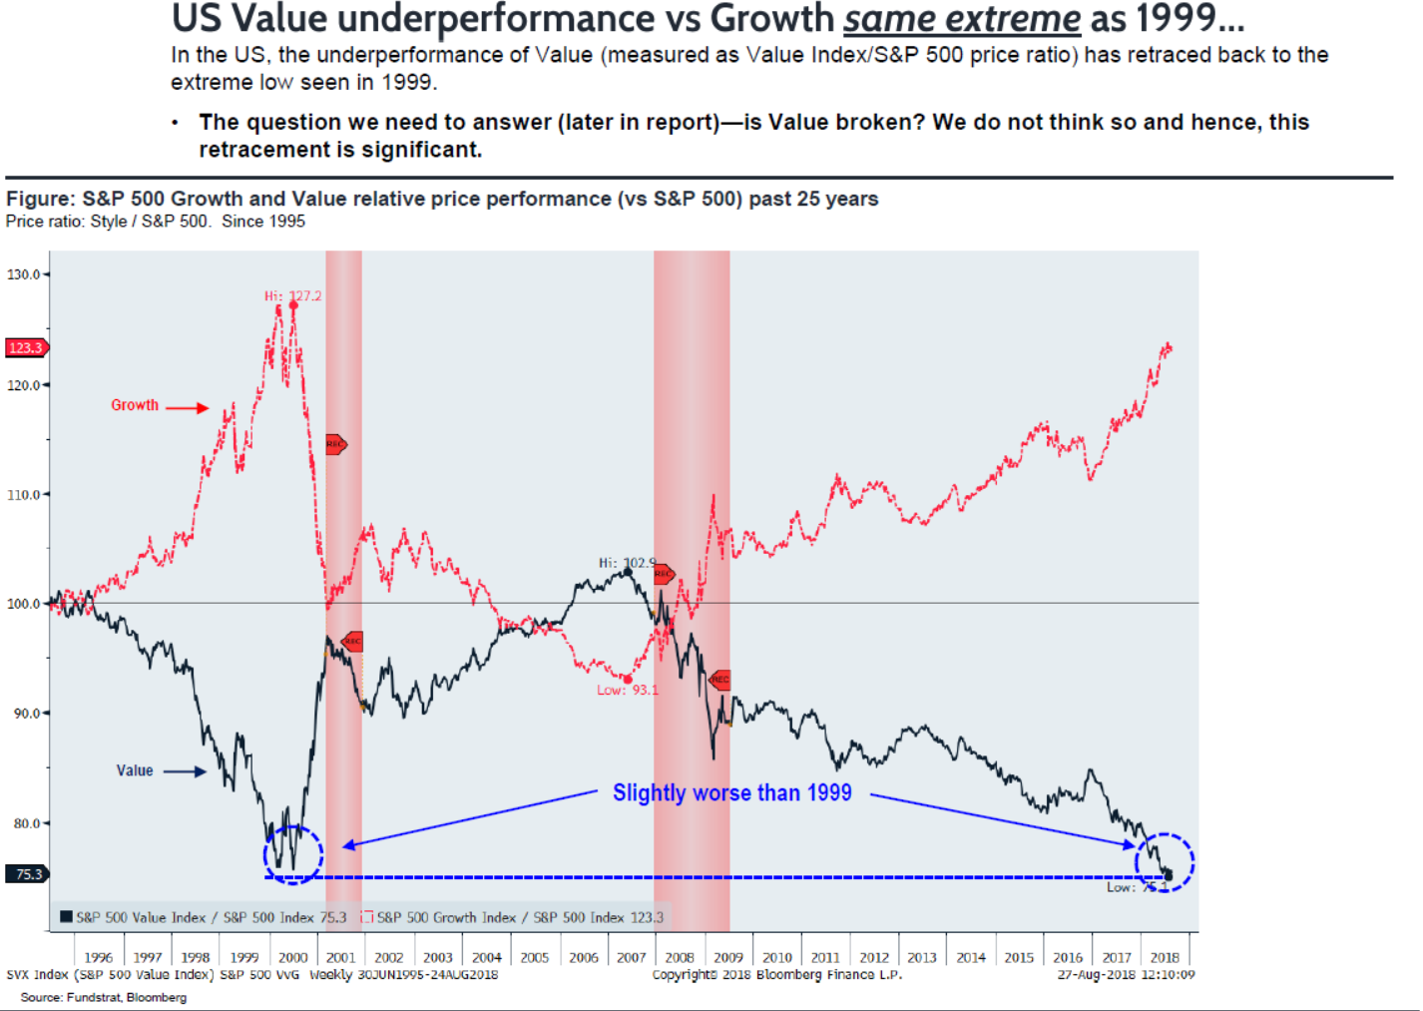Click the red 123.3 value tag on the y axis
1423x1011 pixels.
coord(26,347)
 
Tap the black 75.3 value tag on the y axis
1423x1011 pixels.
coord(27,874)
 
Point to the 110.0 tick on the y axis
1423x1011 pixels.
coord(24,495)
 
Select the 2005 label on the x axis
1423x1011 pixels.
coord(535,957)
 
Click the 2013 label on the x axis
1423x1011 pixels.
coord(922,957)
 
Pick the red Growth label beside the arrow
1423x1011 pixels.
coord(135,405)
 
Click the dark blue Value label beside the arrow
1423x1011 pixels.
coord(135,770)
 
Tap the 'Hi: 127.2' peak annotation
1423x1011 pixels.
coord(293,295)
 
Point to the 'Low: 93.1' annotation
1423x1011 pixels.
coord(628,690)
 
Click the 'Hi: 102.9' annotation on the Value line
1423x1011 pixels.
coord(627,563)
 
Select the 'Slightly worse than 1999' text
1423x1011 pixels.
coord(731,792)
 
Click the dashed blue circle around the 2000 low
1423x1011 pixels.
coord(293,855)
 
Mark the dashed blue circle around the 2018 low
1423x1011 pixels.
coord(1165,862)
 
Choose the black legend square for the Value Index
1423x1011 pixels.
coord(66,916)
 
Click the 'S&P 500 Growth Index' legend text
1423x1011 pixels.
coord(446,917)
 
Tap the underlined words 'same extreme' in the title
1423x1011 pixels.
coord(962,19)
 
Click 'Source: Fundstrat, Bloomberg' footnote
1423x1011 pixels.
coord(104,997)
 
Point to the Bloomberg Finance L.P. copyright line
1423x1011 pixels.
coord(776,974)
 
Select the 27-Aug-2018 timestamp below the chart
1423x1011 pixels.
coord(1126,974)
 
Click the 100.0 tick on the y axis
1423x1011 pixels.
coord(24,604)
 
